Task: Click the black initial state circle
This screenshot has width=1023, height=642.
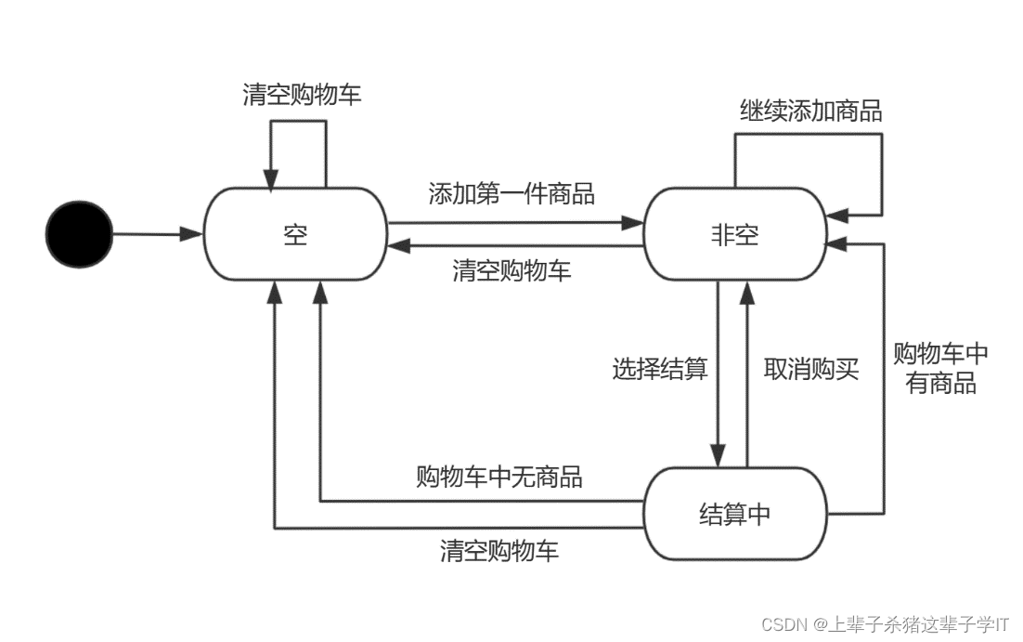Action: click(x=79, y=234)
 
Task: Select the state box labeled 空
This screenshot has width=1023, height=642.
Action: click(x=295, y=234)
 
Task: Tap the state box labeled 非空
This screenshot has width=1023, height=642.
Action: click(x=734, y=234)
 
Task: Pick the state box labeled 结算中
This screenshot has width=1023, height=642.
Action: click(x=734, y=513)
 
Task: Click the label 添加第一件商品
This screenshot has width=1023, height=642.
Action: click(x=511, y=193)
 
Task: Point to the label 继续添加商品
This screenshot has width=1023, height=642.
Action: click(x=810, y=111)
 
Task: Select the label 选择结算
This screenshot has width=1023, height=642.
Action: click(x=660, y=369)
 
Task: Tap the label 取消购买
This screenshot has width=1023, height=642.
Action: click(x=810, y=369)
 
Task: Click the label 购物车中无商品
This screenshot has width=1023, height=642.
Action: click(x=499, y=477)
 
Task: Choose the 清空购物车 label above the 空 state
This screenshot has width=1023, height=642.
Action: click(x=302, y=95)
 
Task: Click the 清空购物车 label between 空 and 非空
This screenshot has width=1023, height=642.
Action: click(x=511, y=270)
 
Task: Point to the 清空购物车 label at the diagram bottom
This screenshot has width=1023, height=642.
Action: click(x=499, y=550)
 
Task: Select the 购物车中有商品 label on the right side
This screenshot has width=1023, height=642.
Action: click(x=940, y=368)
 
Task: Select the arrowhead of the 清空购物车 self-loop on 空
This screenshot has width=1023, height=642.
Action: click(x=271, y=179)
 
